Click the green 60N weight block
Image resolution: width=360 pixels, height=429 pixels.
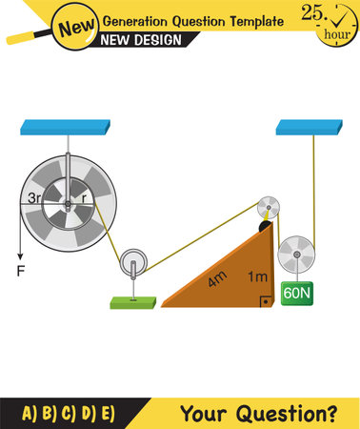(x=297, y=294)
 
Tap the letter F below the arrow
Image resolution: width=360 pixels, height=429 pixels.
(x=18, y=270)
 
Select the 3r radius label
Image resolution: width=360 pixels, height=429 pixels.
(x=36, y=200)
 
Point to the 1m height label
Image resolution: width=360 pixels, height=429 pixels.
(x=256, y=276)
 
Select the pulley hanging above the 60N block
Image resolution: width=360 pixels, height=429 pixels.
(x=297, y=255)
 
